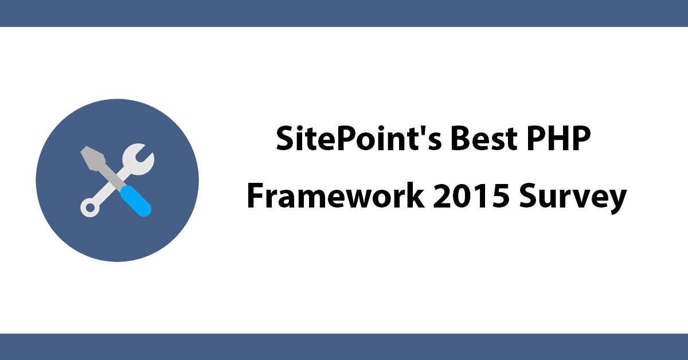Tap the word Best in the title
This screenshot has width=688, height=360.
(x=484, y=138)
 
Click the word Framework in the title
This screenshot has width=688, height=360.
(x=336, y=195)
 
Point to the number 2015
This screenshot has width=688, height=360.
(x=471, y=195)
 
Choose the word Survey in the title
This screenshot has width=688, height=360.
(x=573, y=198)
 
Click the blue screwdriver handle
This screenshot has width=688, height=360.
(x=135, y=201)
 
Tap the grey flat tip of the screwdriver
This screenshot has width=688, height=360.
(x=93, y=158)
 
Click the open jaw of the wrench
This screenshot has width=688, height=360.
(x=139, y=159)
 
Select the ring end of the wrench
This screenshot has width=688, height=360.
(x=90, y=208)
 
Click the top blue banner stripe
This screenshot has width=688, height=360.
(x=344, y=13)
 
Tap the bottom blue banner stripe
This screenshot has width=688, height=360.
(x=344, y=347)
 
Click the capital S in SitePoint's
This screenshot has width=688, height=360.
(x=286, y=139)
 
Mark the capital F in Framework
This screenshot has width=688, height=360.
(x=256, y=195)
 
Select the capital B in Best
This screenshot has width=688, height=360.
(x=461, y=139)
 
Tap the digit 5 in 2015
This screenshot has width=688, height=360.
(x=500, y=196)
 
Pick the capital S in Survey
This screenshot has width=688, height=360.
(x=529, y=196)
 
